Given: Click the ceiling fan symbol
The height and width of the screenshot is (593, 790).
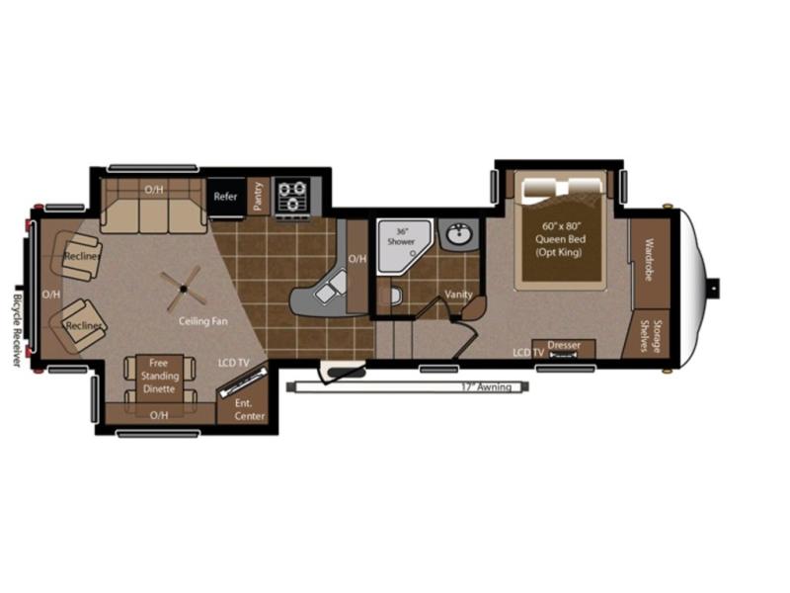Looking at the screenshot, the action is pos(184,289).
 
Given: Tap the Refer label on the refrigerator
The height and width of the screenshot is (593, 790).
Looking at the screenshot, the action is pos(225,196).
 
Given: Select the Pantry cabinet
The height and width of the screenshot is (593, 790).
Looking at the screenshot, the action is pos(259,196).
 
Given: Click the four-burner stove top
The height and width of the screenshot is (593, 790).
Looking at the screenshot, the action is pos(292,196).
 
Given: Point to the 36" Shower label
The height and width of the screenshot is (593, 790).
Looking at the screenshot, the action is pos(401,236).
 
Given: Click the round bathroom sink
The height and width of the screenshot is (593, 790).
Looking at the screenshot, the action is pos(458,234).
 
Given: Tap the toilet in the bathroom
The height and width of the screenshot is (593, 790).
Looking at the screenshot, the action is pos(396,296).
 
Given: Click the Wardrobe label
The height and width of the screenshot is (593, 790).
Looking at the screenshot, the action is pos(649,260).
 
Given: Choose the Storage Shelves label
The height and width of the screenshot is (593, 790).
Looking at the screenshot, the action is pos(651,335).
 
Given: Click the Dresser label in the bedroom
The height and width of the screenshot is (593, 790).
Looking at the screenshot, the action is pos(564,345).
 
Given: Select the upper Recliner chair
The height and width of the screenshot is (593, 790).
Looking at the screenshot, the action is pos(76,255).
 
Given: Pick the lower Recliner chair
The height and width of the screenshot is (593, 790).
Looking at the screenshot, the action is pos(78,326).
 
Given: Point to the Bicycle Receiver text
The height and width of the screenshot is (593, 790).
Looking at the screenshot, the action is pos(18,330).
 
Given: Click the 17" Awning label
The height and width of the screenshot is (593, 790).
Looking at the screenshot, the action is pos(487,387).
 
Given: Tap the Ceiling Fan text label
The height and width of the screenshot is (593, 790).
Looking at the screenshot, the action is pos(203,321).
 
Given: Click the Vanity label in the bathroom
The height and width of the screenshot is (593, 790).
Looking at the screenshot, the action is pos(458,294).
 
